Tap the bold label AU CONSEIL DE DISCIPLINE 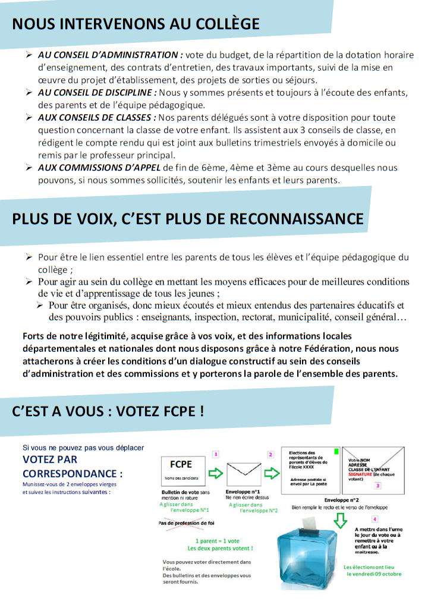click(96, 93)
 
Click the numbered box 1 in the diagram click(215, 454)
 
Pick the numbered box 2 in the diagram click(270, 454)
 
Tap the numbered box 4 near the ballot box click(375, 519)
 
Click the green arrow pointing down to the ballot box click(341, 521)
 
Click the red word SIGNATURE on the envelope click(360, 475)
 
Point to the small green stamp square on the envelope click(337, 452)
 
